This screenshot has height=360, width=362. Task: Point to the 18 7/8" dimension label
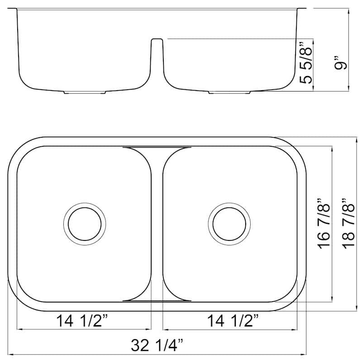point(348,225)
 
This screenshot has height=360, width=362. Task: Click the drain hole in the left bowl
point(85,224)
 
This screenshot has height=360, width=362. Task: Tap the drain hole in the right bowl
point(229,224)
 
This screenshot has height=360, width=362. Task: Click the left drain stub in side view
point(85,92)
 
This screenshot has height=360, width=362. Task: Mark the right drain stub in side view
point(229,93)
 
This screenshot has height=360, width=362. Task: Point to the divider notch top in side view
point(156,39)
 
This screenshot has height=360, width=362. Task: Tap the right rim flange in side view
point(300,9)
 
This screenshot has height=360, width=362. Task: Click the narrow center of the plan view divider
point(157,224)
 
